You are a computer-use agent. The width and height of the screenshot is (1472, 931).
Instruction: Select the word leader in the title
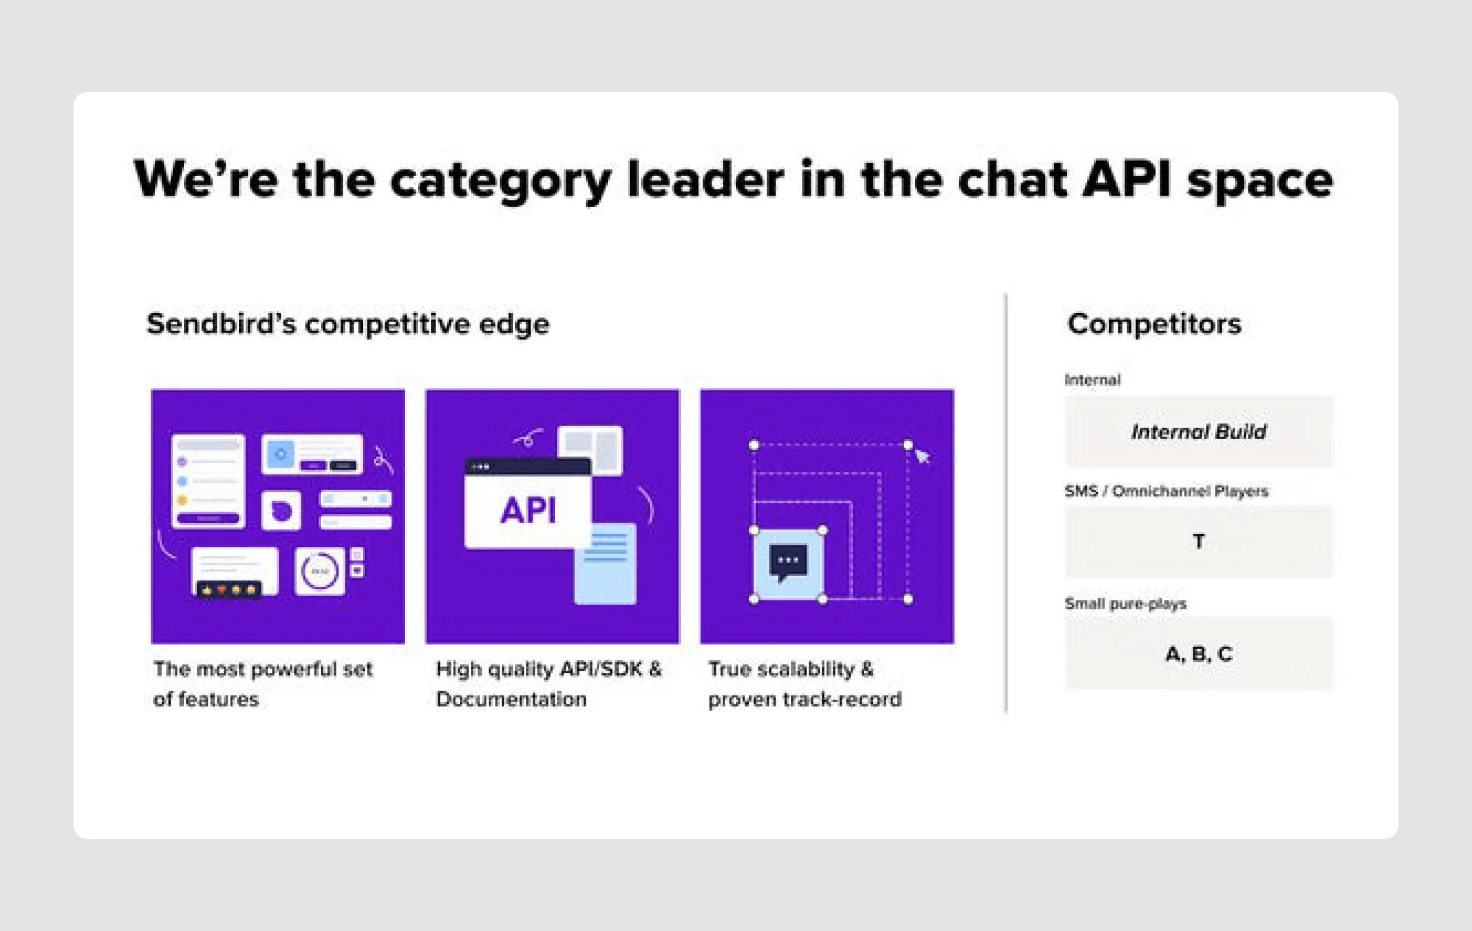(705, 180)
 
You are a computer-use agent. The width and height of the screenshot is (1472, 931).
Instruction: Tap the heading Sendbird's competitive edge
(348, 323)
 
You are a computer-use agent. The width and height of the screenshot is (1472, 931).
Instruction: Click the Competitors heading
(1154, 323)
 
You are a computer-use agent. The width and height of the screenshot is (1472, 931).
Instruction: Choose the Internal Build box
(1198, 432)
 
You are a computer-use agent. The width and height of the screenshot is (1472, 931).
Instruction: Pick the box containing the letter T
(1198, 541)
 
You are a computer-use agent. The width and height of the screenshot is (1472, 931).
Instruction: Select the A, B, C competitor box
(1198, 654)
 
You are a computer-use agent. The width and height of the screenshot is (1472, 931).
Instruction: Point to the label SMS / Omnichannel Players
(1166, 491)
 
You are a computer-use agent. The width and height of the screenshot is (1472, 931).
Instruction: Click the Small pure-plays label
(1125, 604)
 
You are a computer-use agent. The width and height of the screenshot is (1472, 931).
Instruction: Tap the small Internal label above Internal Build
(1092, 380)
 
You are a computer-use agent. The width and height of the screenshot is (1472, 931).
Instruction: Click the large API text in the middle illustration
(528, 510)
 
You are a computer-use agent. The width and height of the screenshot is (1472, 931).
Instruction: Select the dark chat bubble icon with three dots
(788, 562)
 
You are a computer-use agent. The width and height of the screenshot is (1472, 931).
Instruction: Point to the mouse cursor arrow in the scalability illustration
(922, 456)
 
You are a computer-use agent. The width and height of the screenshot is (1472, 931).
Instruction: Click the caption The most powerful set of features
(263, 684)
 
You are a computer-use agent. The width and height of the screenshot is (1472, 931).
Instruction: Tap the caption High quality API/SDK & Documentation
(549, 684)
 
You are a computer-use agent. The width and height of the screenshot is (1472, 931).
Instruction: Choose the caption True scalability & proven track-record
(804, 684)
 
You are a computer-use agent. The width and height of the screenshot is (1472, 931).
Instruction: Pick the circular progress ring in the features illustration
(320, 571)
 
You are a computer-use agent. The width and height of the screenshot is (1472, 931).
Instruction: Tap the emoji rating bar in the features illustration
(229, 590)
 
